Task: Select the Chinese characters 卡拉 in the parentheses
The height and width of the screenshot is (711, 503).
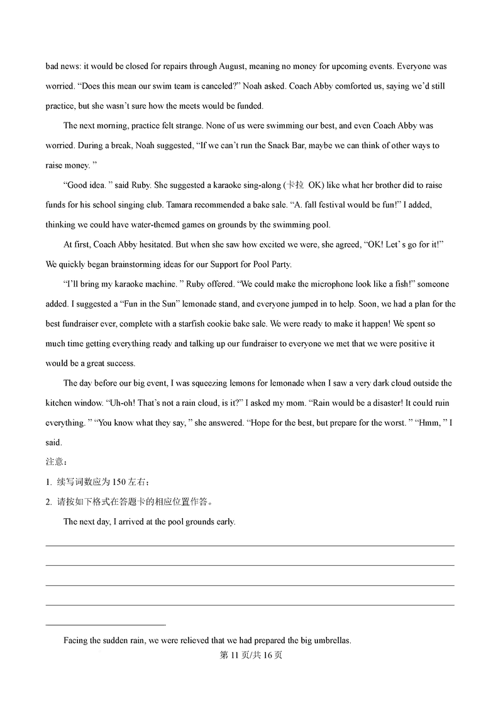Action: point(294,185)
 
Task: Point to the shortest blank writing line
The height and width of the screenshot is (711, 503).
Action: point(106,625)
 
